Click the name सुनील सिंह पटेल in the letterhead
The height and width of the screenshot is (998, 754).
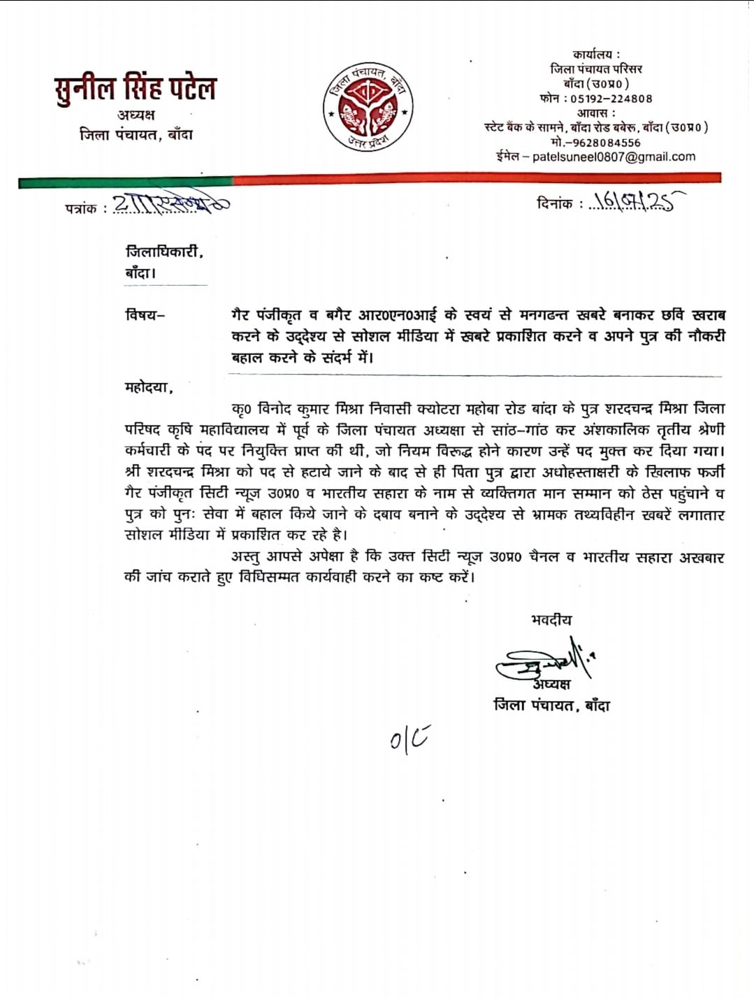tap(135, 88)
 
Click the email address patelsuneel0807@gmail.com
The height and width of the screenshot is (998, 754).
tap(614, 157)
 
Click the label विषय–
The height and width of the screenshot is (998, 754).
tap(145, 314)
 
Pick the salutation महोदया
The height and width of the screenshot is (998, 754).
tap(148, 386)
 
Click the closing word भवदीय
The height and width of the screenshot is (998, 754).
tap(551, 619)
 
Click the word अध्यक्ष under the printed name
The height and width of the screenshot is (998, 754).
tap(136, 115)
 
